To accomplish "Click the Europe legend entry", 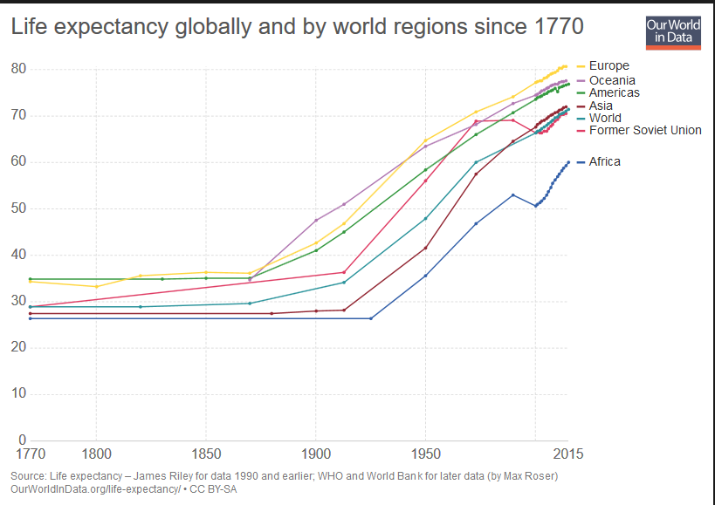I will pyautogui.click(x=608, y=65).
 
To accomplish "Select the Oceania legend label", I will pyautogui.click(x=611, y=80).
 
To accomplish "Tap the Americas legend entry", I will pyautogui.click(x=614, y=92).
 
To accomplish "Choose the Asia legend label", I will pyautogui.click(x=602, y=106).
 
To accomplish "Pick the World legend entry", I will pyautogui.click(x=605, y=118).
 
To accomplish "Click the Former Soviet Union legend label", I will pyautogui.click(x=645, y=130).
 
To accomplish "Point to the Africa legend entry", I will pyautogui.click(x=604, y=161).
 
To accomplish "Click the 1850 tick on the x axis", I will pyautogui.click(x=205, y=454).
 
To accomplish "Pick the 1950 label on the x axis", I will pyautogui.click(x=425, y=454).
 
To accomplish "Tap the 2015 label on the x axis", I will pyautogui.click(x=567, y=454).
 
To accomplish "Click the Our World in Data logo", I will pyautogui.click(x=673, y=32).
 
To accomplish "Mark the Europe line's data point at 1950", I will pyautogui.click(x=425, y=140).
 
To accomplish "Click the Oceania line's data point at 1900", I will pyautogui.click(x=315, y=220).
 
